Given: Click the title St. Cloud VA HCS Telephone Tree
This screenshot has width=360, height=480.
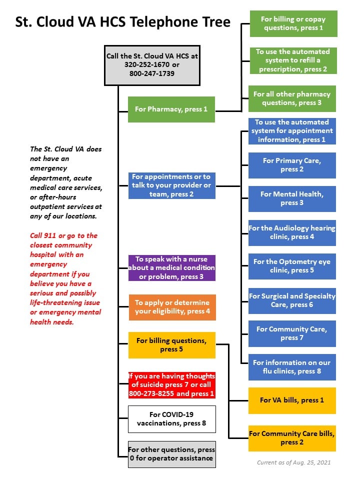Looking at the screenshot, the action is click(123, 22).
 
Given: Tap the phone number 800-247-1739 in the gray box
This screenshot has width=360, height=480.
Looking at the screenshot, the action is click(152, 73).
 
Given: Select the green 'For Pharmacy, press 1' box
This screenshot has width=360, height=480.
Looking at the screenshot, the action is click(171, 109).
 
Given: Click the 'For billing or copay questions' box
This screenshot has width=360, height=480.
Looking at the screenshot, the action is click(293, 23).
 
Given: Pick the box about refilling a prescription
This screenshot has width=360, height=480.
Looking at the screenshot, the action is click(293, 60).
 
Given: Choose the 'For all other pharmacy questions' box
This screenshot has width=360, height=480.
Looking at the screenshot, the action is click(292, 98).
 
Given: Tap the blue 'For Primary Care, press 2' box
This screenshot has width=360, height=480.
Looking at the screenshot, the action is click(292, 165).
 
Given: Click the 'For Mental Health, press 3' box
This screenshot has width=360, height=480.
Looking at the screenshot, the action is click(292, 198).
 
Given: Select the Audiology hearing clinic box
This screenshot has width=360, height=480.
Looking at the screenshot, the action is click(292, 232).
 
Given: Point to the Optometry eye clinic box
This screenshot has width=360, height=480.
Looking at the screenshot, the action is click(292, 266).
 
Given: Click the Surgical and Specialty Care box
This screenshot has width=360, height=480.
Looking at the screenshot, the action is click(292, 300).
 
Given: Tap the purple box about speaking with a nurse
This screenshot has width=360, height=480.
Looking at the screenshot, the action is click(171, 268).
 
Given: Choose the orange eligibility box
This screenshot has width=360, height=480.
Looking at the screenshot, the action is click(172, 307).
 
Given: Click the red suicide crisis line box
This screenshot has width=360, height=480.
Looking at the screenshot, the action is click(171, 385).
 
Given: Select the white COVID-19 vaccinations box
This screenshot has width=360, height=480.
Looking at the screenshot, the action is click(171, 419).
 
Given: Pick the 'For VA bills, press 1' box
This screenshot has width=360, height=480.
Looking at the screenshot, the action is click(292, 400).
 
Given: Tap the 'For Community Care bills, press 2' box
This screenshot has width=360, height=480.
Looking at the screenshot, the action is click(292, 438).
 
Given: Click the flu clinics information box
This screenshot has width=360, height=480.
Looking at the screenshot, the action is click(292, 367).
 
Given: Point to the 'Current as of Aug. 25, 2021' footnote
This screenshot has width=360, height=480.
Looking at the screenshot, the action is click(294, 462).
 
